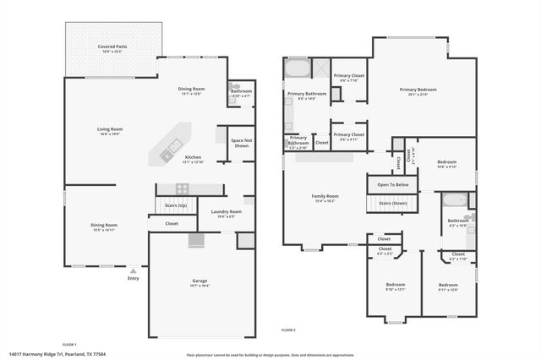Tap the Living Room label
point(110,129)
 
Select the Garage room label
point(199,281)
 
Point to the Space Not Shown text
point(240,143)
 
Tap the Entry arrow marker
point(133,270)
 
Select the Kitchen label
point(193,158)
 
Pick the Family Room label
point(325,196)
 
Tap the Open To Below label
point(392,184)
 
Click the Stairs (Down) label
point(392,204)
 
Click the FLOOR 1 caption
point(69,344)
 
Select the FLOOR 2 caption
point(288,328)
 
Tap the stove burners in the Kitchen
point(181,188)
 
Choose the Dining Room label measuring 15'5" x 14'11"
point(105,226)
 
